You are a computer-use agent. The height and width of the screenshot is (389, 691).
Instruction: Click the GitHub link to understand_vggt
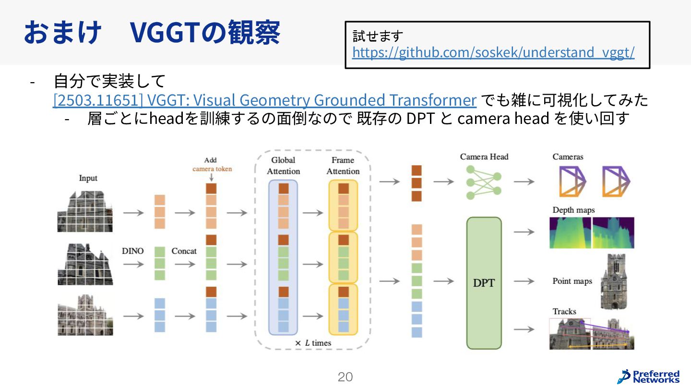click(x=493, y=52)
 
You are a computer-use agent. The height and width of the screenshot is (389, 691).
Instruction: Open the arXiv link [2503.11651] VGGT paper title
click(x=264, y=100)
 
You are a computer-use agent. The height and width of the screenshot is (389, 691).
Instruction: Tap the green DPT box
click(x=484, y=283)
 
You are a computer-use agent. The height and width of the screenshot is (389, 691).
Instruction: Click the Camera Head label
click(x=484, y=157)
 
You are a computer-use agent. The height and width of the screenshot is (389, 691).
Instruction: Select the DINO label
click(x=133, y=251)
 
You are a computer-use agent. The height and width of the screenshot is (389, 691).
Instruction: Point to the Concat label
click(x=184, y=251)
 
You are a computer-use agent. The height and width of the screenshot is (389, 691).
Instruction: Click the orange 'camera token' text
click(x=212, y=169)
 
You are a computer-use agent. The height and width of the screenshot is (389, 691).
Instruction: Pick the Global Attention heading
click(x=283, y=166)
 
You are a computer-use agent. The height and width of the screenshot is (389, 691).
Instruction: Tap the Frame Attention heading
click(x=343, y=166)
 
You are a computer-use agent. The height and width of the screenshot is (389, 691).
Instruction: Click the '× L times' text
click(x=313, y=343)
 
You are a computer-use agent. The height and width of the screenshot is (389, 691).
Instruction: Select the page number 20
click(x=345, y=377)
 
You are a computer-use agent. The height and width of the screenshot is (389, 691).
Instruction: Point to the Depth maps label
click(x=573, y=210)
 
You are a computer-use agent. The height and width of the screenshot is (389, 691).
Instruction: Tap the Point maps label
click(x=572, y=281)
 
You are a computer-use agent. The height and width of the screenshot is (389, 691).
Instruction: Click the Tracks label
click(x=564, y=311)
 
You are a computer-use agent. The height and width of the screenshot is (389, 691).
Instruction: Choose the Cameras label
click(x=568, y=157)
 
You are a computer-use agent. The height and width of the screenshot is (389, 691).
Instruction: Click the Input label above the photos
click(x=88, y=178)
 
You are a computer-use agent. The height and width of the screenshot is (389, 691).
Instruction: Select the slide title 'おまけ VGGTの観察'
click(x=152, y=33)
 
